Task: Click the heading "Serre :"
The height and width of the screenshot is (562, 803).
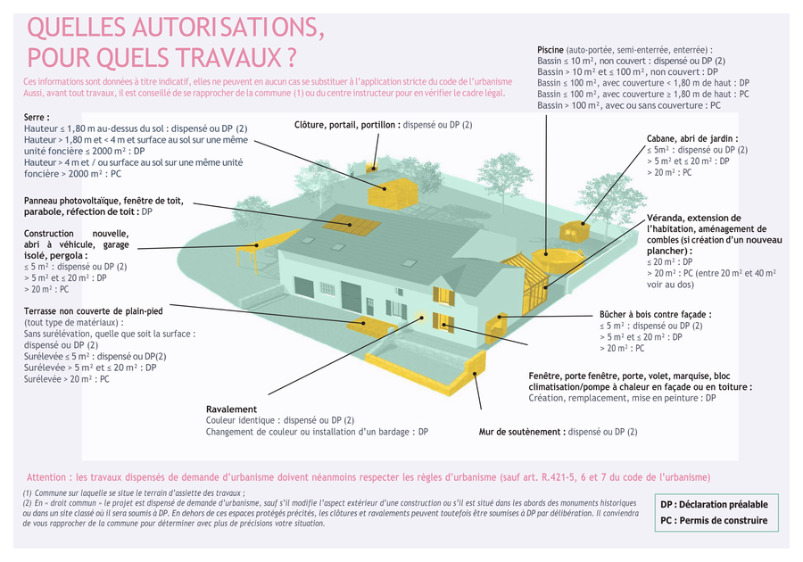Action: (37, 117)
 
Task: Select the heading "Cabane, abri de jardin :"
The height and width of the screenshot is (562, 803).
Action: (692, 138)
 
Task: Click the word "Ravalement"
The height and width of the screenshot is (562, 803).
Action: (231, 409)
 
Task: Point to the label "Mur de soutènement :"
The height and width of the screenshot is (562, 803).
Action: (522, 432)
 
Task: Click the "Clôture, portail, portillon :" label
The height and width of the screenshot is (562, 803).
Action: (347, 125)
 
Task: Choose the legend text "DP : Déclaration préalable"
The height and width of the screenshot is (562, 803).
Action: (714, 504)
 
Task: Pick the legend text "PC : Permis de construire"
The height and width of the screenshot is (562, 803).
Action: (714, 521)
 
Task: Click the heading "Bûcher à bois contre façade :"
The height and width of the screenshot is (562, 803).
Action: (656, 315)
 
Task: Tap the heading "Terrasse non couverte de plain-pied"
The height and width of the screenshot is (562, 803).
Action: (94, 310)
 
